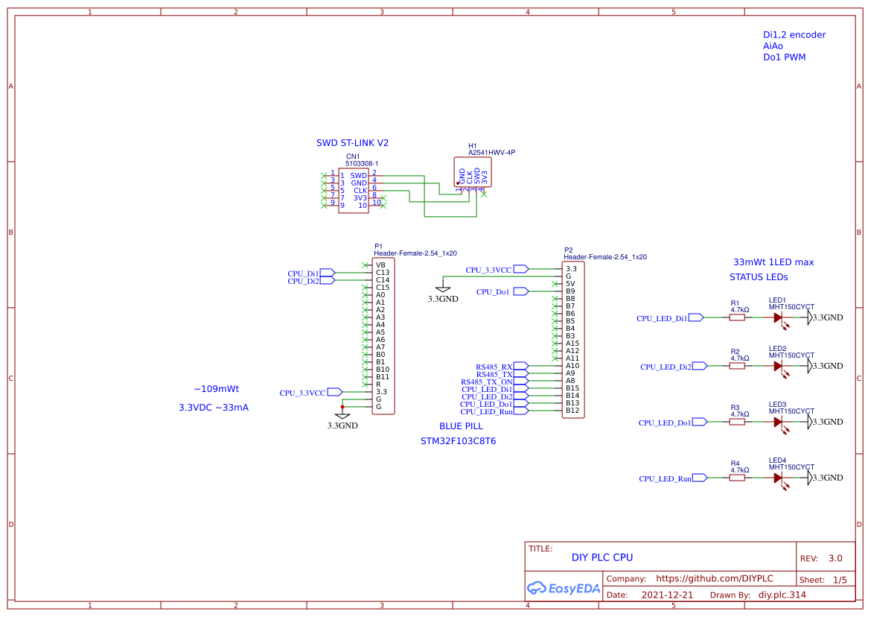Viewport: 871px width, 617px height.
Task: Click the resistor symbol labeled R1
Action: [737, 317]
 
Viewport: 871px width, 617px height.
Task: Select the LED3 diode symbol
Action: [779, 422]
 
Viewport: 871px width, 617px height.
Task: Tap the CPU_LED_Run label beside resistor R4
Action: [665, 478]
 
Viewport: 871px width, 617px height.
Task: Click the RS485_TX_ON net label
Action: [487, 382]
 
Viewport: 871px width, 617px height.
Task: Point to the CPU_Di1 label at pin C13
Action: [304, 273]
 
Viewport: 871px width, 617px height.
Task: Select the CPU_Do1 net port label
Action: [494, 292]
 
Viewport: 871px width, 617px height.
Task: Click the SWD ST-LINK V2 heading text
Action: [352, 142]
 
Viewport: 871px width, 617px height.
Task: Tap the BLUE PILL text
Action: [461, 426]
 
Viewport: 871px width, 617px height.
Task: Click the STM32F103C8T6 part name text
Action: [458, 441]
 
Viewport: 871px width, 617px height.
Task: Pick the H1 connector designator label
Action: [472, 146]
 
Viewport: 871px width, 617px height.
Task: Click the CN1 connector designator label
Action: [352, 156]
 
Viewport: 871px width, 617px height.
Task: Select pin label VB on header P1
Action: [380, 265]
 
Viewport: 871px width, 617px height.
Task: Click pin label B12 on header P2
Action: [572, 411]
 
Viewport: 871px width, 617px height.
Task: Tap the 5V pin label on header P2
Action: [570, 284]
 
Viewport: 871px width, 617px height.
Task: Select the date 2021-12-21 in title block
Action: [667, 595]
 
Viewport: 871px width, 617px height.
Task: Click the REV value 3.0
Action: [835, 558]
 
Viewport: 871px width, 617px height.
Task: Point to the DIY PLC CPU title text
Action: [602, 557]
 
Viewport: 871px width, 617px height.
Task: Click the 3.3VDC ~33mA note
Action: [214, 408]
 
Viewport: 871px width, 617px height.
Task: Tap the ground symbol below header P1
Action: [342, 416]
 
